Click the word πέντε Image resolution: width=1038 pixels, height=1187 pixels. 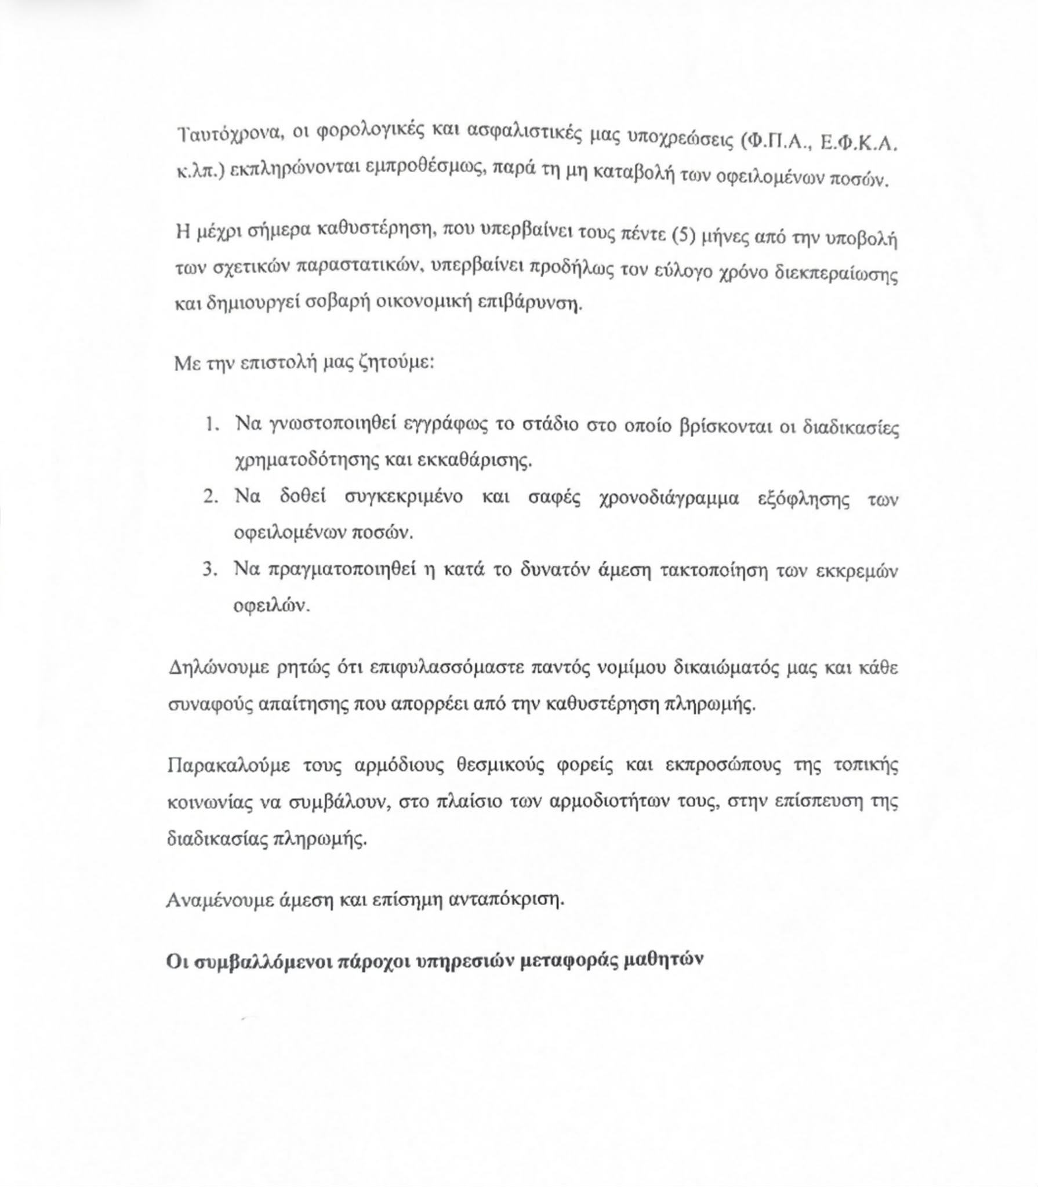[x=640, y=235]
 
